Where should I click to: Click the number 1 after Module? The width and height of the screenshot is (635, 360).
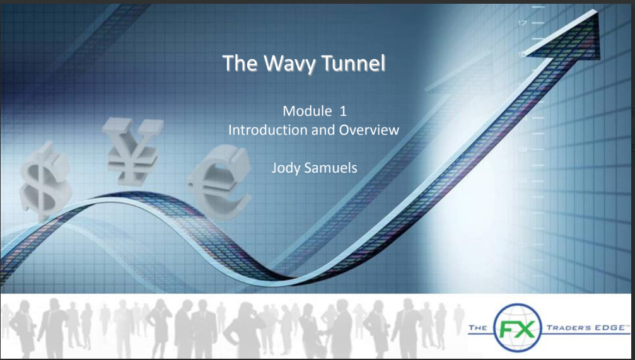pyautogui.click(x=343, y=112)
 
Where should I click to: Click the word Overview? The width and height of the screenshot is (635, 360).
pyautogui.click(x=369, y=131)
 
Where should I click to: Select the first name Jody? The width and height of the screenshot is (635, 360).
pyautogui.click(x=283, y=168)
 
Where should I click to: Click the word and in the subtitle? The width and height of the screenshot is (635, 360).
pyautogui.click(x=324, y=131)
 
